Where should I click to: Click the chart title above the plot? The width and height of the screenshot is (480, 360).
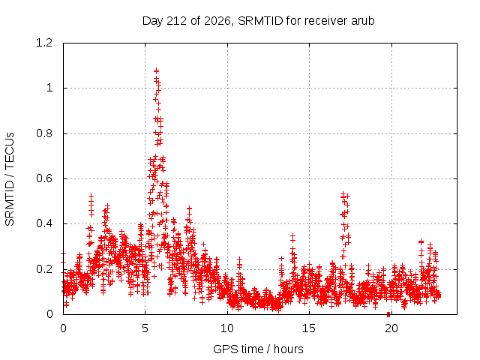258,21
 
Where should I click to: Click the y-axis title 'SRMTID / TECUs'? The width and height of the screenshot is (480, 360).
10,179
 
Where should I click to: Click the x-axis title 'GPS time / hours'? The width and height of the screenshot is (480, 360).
258,349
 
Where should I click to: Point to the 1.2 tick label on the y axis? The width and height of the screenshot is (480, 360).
44,43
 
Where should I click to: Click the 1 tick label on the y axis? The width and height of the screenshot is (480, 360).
49,88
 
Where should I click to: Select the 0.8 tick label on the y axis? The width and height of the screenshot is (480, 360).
44,133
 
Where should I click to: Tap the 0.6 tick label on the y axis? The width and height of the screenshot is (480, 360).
44,178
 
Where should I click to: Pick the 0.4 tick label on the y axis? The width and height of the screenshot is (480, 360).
44,223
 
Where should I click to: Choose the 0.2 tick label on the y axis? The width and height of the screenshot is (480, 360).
44,269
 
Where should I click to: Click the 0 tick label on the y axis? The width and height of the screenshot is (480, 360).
49,314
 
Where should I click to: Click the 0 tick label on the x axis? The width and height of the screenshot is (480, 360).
63,328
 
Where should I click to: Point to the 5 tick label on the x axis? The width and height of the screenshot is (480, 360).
145,328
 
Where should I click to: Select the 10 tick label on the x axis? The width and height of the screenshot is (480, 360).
227,328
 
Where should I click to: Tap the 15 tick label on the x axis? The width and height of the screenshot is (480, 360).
309,328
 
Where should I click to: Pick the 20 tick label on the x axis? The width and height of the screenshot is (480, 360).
391,328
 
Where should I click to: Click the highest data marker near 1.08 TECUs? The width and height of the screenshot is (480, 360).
156,70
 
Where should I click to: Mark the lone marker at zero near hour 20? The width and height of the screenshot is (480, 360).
388,314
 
